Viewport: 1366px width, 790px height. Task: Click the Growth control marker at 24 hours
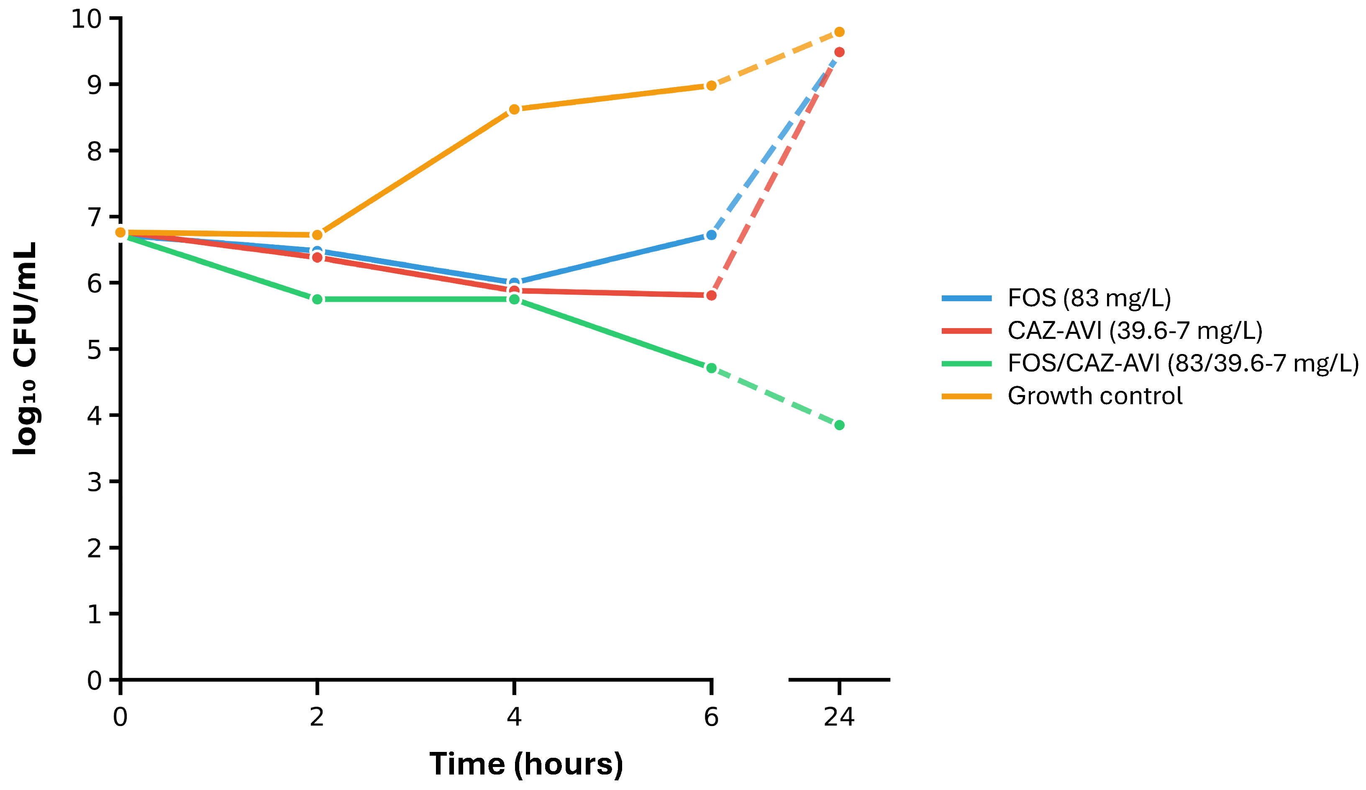click(839, 32)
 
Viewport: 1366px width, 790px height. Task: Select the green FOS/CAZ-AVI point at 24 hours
click(839, 425)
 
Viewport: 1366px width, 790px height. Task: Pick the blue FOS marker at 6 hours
click(711, 235)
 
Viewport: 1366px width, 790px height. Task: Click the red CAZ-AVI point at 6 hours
click(711, 295)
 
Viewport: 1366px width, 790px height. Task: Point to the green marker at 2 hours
click(318, 299)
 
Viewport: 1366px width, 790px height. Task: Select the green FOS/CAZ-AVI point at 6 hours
click(711, 368)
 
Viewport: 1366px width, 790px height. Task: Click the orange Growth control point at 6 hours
click(711, 86)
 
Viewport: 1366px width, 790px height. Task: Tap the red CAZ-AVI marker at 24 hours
click(839, 52)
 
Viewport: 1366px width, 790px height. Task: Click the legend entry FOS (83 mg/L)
click(1089, 298)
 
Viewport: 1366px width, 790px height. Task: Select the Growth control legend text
click(1094, 396)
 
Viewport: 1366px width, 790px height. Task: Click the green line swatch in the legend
click(966, 363)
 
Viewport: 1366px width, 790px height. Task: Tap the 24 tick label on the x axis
click(839, 717)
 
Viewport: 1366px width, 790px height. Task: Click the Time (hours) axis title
click(526, 764)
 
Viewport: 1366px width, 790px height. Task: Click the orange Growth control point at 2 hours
click(318, 235)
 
